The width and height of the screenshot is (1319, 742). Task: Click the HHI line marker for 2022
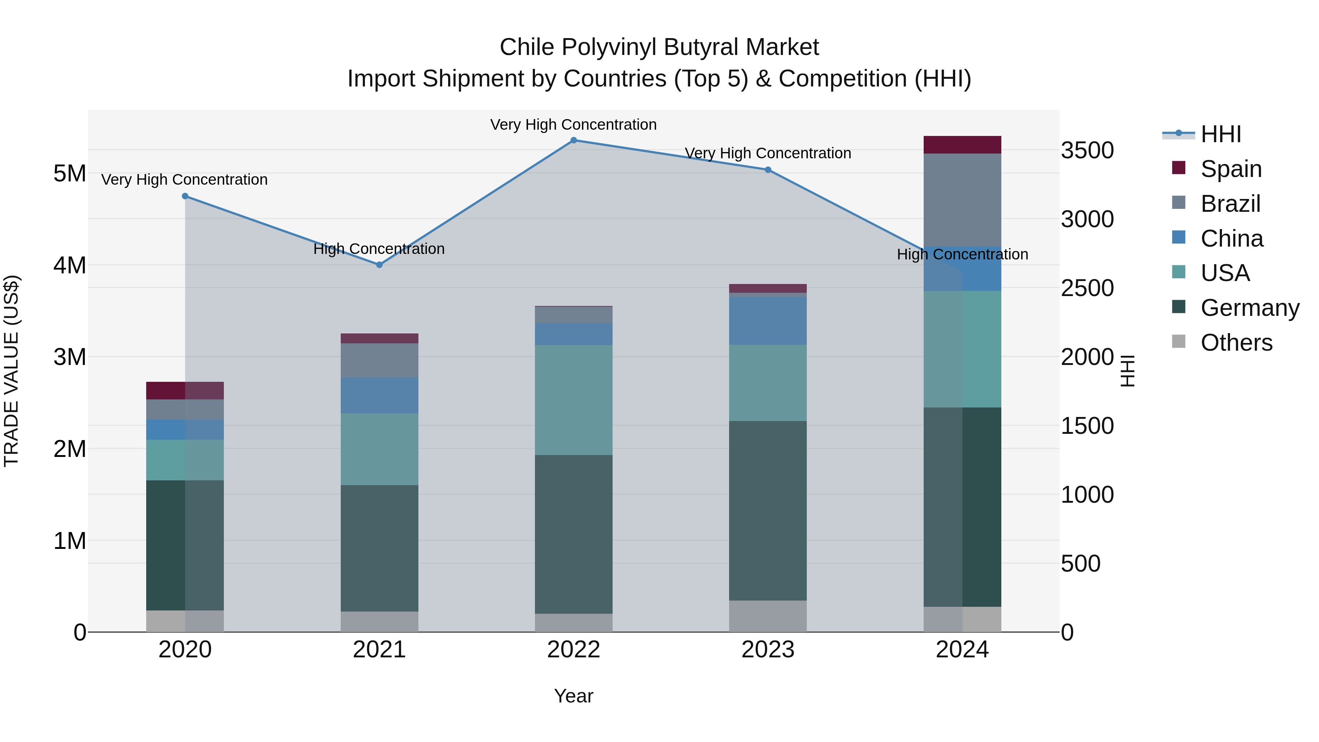(x=573, y=140)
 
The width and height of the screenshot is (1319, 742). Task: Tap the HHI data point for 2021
(x=380, y=265)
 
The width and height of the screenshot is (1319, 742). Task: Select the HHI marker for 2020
(x=185, y=196)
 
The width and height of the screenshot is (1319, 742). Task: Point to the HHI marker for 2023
(x=768, y=170)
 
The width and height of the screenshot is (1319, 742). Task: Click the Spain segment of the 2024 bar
(x=962, y=145)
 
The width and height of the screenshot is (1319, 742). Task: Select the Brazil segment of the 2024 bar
(x=962, y=200)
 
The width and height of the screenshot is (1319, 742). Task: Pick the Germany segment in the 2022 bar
(x=573, y=534)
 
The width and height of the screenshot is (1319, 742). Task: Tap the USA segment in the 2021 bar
(x=380, y=449)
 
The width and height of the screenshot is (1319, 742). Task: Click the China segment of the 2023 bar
(x=768, y=321)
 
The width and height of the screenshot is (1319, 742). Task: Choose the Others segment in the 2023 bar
(x=768, y=616)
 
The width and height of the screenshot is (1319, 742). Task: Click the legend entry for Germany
(x=1249, y=308)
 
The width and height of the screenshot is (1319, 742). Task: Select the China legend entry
(x=1231, y=239)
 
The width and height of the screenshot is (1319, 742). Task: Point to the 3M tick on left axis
(x=70, y=357)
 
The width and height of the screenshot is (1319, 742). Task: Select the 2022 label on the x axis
(x=573, y=650)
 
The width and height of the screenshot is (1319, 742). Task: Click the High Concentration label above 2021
(x=379, y=249)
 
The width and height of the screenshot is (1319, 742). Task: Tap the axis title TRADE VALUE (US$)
(x=11, y=371)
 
